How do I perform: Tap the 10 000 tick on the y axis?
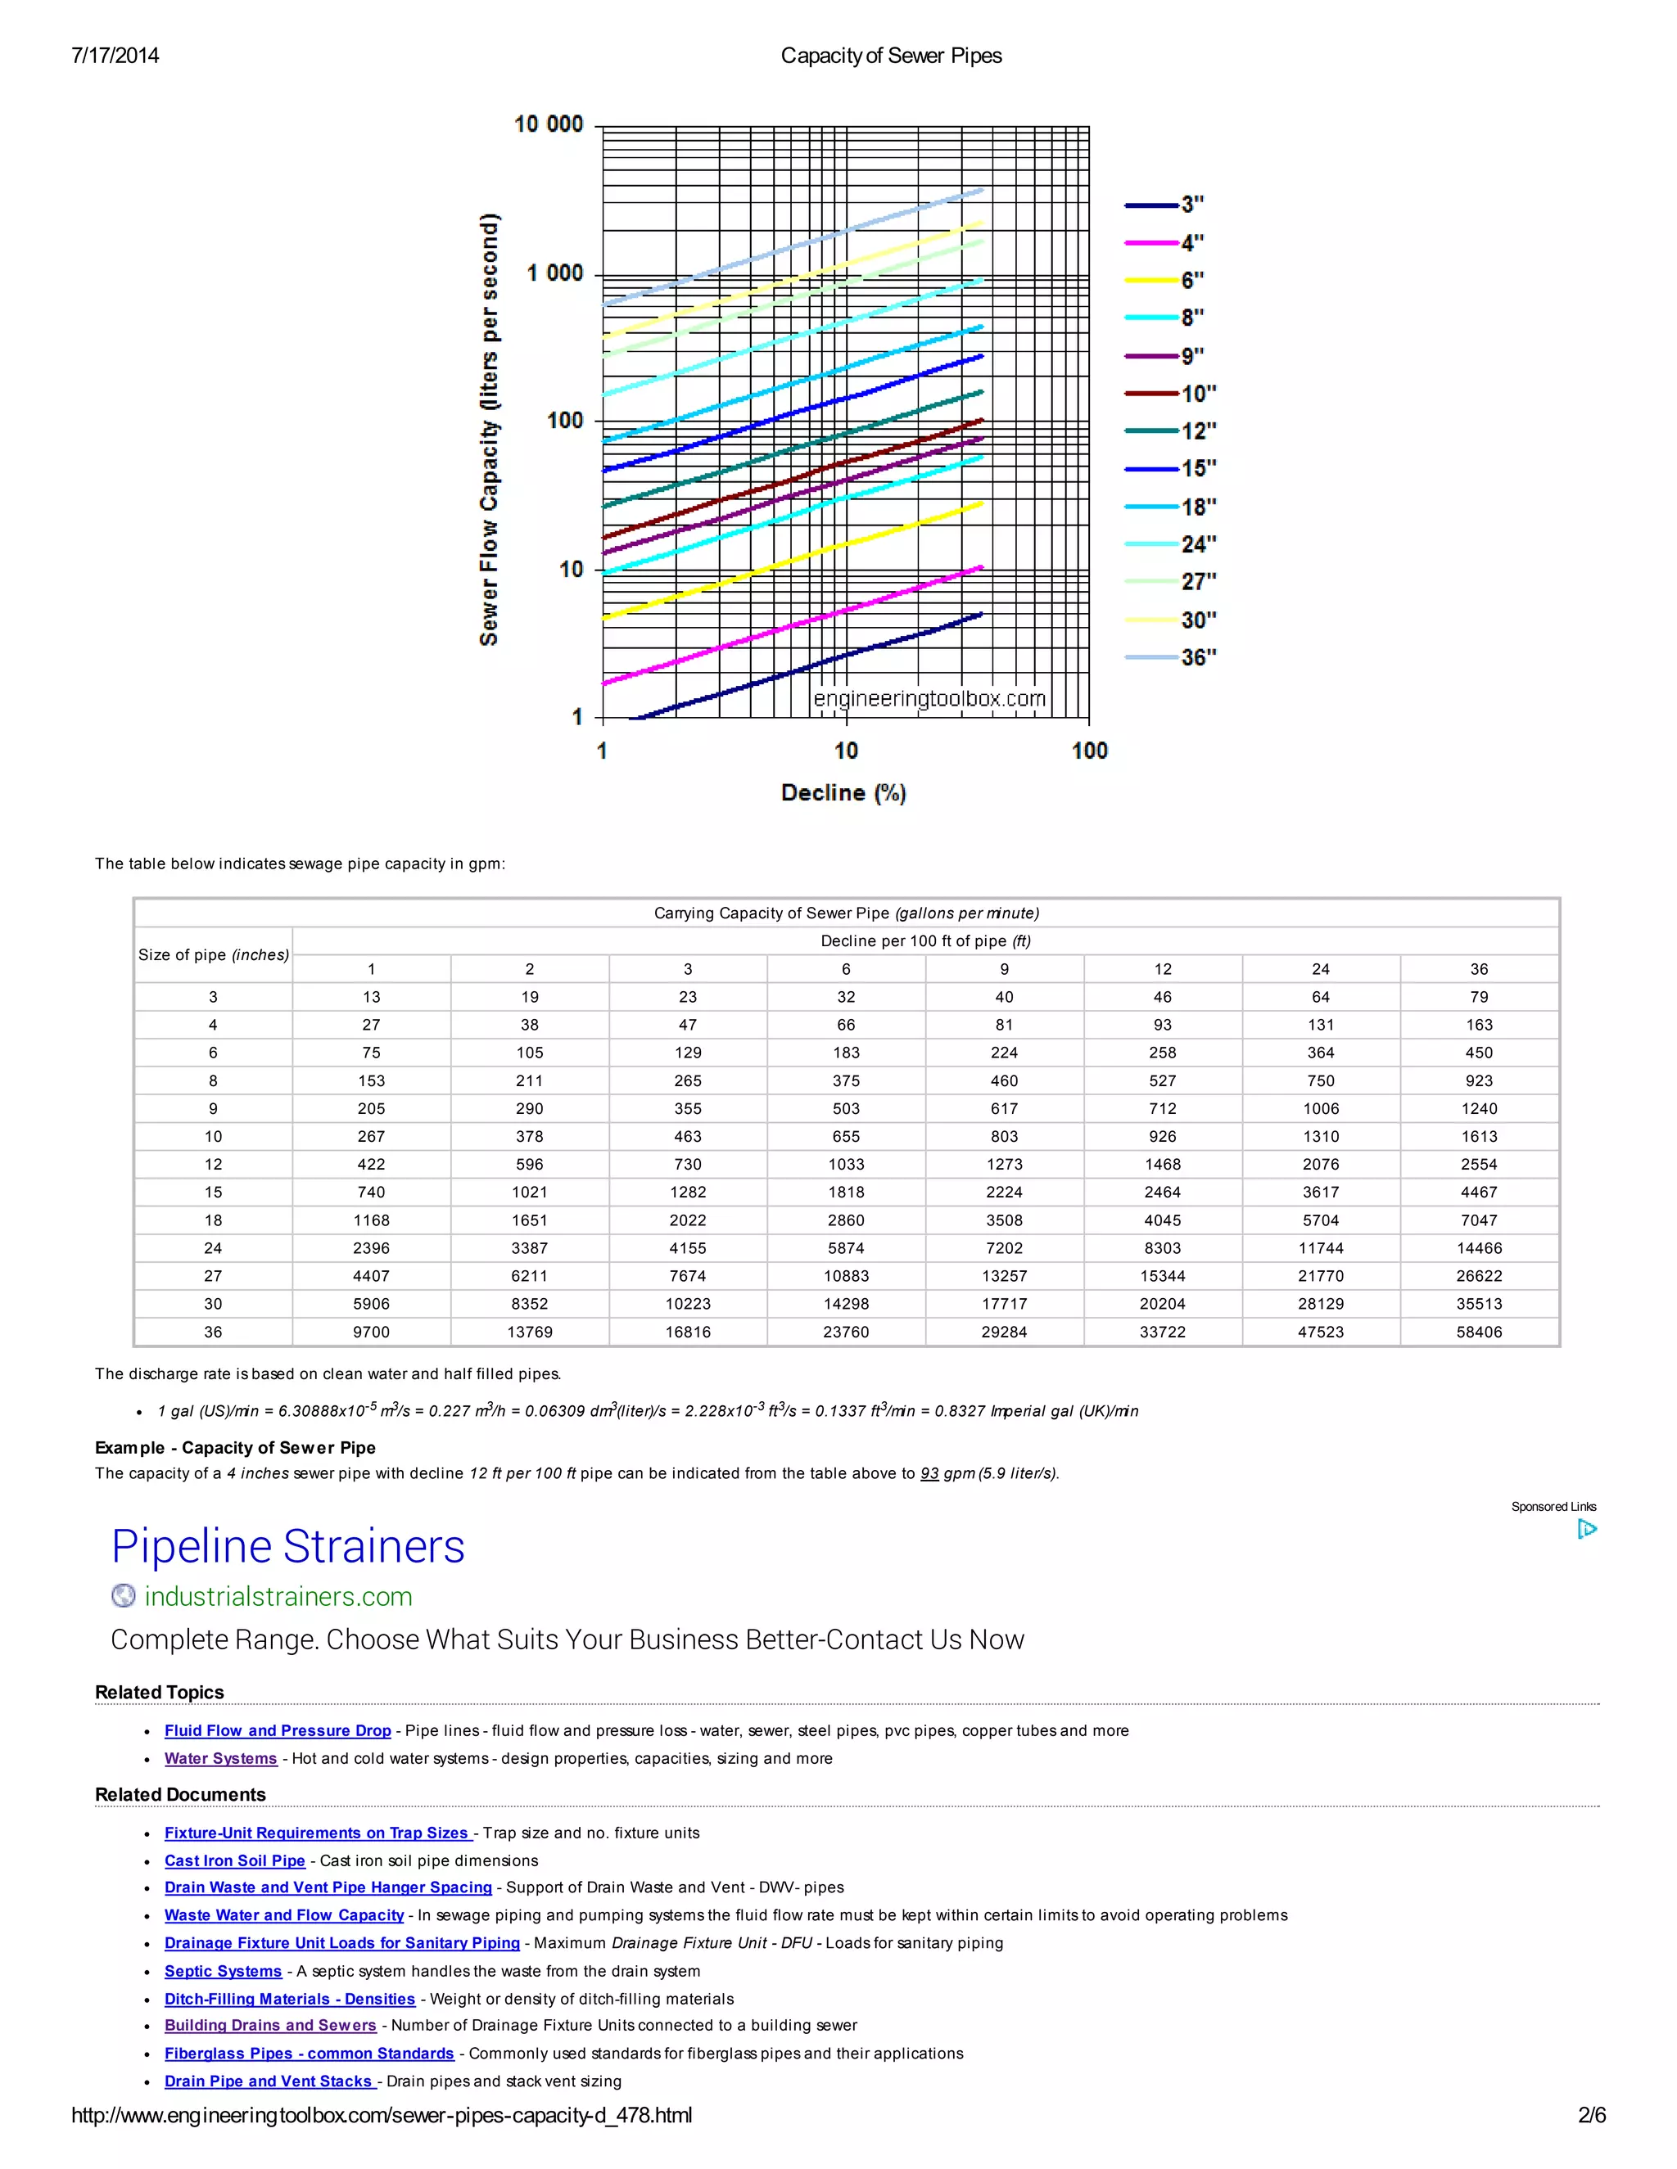(549, 124)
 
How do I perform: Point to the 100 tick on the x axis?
(1089, 751)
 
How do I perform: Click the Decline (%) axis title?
(843, 792)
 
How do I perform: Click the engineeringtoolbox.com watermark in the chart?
(929, 698)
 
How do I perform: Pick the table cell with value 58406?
(1478, 1332)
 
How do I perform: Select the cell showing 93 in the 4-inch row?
(1163, 1025)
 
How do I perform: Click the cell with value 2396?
(371, 1248)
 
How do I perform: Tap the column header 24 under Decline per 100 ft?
(1320, 969)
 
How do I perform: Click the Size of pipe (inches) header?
(214, 954)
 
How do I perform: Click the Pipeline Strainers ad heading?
(288, 1546)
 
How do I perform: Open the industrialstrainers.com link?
(278, 1596)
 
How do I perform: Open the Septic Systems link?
(223, 1972)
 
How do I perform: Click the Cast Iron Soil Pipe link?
(234, 1860)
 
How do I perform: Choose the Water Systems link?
(220, 1758)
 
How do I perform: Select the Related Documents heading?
(180, 1795)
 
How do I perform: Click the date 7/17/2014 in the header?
(115, 56)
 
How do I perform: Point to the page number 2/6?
(1592, 2115)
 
